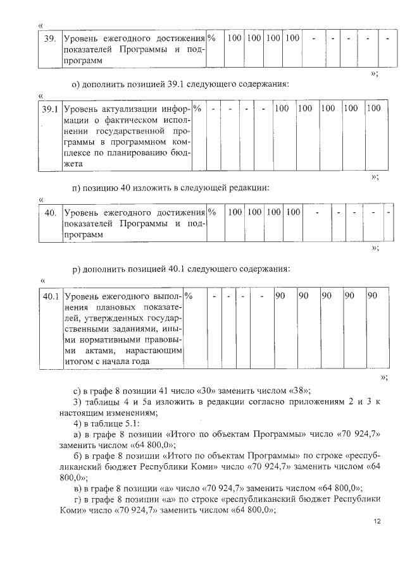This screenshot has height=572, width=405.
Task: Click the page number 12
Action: click(x=377, y=521)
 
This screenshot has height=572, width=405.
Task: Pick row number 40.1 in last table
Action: click(x=50, y=296)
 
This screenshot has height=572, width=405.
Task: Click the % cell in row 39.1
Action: click(x=197, y=109)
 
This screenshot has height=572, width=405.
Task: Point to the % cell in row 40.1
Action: click(x=189, y=296)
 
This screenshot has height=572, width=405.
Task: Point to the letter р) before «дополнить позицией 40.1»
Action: click(x=76, y=269)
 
